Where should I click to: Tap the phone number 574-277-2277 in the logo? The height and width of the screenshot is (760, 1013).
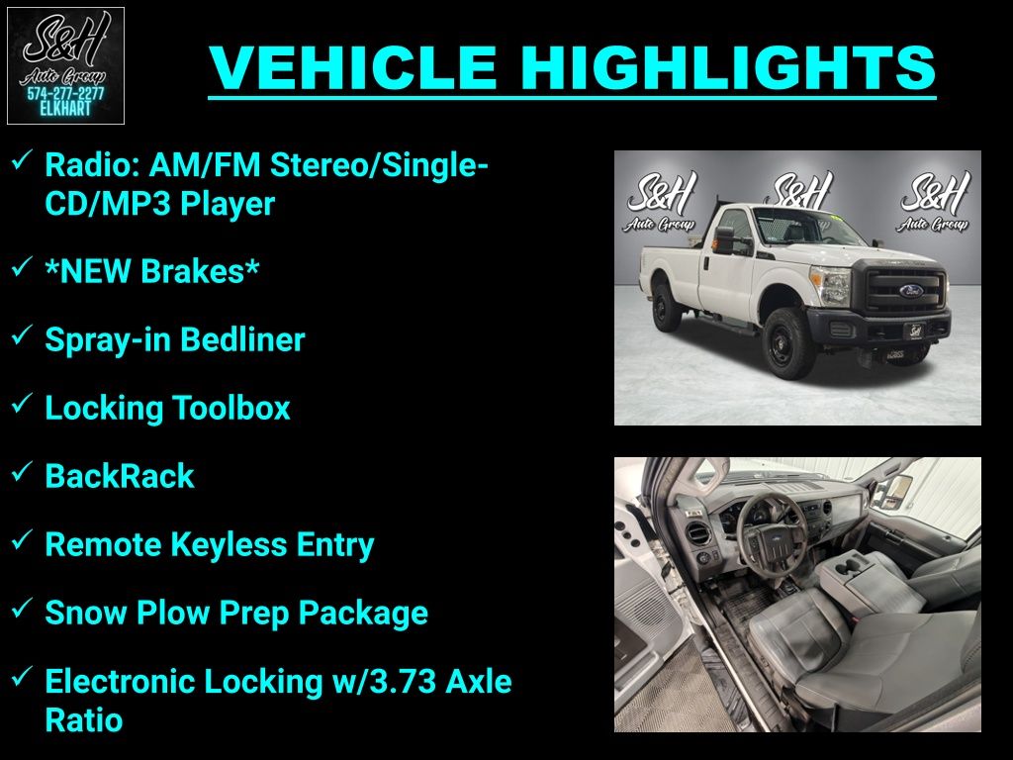65,94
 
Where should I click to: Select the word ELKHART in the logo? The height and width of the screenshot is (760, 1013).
65,109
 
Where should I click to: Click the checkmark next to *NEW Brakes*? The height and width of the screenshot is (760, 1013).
22,265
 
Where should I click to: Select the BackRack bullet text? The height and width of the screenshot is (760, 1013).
120,476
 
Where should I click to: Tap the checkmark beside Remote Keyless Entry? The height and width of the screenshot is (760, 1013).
22,539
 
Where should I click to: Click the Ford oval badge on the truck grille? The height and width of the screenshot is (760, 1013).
911,291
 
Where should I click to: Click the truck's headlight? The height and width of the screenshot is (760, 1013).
833,286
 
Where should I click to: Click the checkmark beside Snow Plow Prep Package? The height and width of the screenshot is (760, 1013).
22,608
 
